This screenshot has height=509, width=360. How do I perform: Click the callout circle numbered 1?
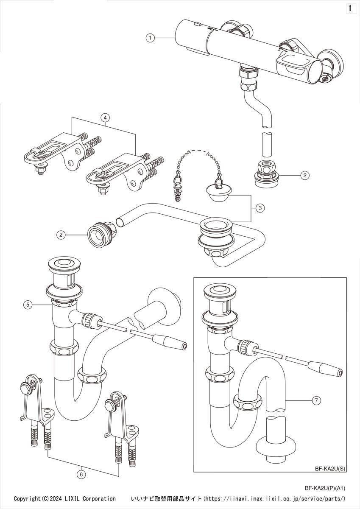pos(149,38)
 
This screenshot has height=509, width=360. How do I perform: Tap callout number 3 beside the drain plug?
pos(261,208)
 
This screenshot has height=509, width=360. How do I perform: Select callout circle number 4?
pos(104,117)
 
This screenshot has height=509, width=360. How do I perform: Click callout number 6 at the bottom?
pos(81,475)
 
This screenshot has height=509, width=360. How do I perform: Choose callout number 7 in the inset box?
pos(316,400)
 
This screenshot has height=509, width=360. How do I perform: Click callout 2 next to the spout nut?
pos(304,174)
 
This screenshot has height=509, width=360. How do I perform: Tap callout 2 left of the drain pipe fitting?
pos(62,234)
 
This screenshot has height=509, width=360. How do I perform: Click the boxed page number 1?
pos(351,8)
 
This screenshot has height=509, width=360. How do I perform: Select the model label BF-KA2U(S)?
pos(330,469)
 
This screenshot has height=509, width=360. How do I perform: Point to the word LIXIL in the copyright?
pos(77,499)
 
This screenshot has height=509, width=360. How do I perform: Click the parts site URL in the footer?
pos(275,499)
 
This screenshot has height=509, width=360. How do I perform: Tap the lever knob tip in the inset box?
pos(338,373)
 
